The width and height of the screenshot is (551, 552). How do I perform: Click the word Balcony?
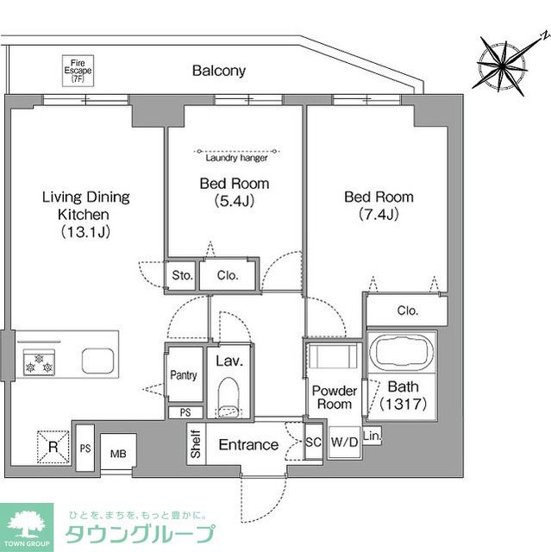(219, 72)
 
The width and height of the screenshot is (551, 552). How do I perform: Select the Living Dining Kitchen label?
(86, 214)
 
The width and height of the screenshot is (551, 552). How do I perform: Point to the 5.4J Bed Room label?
(234, 191)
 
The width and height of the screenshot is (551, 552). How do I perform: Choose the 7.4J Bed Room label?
(379, 205)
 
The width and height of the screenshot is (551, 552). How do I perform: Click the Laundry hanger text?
(235, 158)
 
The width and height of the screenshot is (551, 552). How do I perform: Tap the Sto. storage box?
(181, 276)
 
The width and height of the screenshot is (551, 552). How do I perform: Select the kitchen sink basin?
(97, 360)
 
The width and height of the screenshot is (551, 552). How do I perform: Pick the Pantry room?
(184, 374)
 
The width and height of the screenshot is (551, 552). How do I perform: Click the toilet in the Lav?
(228, 396)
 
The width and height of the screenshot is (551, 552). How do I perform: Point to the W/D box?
(343, 443)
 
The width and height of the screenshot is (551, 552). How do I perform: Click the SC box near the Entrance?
(314, 443)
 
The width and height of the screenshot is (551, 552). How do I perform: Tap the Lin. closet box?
(373, 436)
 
